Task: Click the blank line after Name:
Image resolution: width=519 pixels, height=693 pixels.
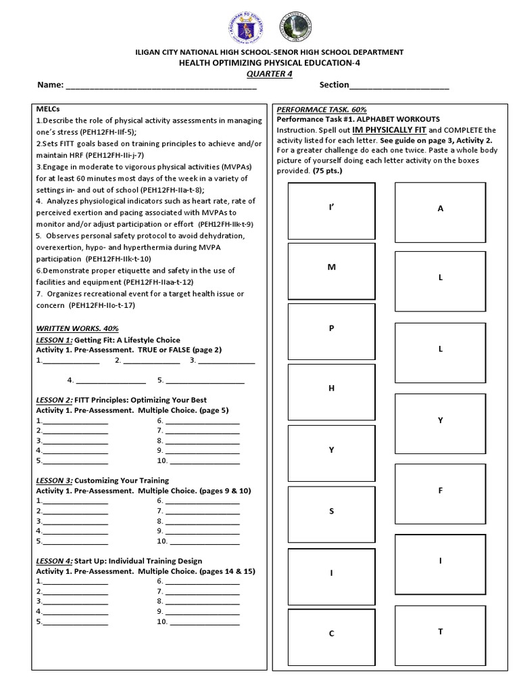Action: point(161,87)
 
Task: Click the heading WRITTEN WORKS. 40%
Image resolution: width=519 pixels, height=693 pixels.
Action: point(77,328)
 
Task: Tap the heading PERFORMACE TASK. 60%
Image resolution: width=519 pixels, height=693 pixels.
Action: point(316,109)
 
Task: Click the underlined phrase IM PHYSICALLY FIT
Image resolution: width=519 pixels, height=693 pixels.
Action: point(387,129)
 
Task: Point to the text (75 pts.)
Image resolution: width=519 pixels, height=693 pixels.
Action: point(328,171)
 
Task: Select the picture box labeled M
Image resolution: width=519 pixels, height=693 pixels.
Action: point(331,270)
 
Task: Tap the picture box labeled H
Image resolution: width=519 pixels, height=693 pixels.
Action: point(331,392)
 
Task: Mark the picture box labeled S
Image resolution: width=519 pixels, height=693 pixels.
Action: point(331,514)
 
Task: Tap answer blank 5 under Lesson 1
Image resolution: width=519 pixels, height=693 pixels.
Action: point(201,380)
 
